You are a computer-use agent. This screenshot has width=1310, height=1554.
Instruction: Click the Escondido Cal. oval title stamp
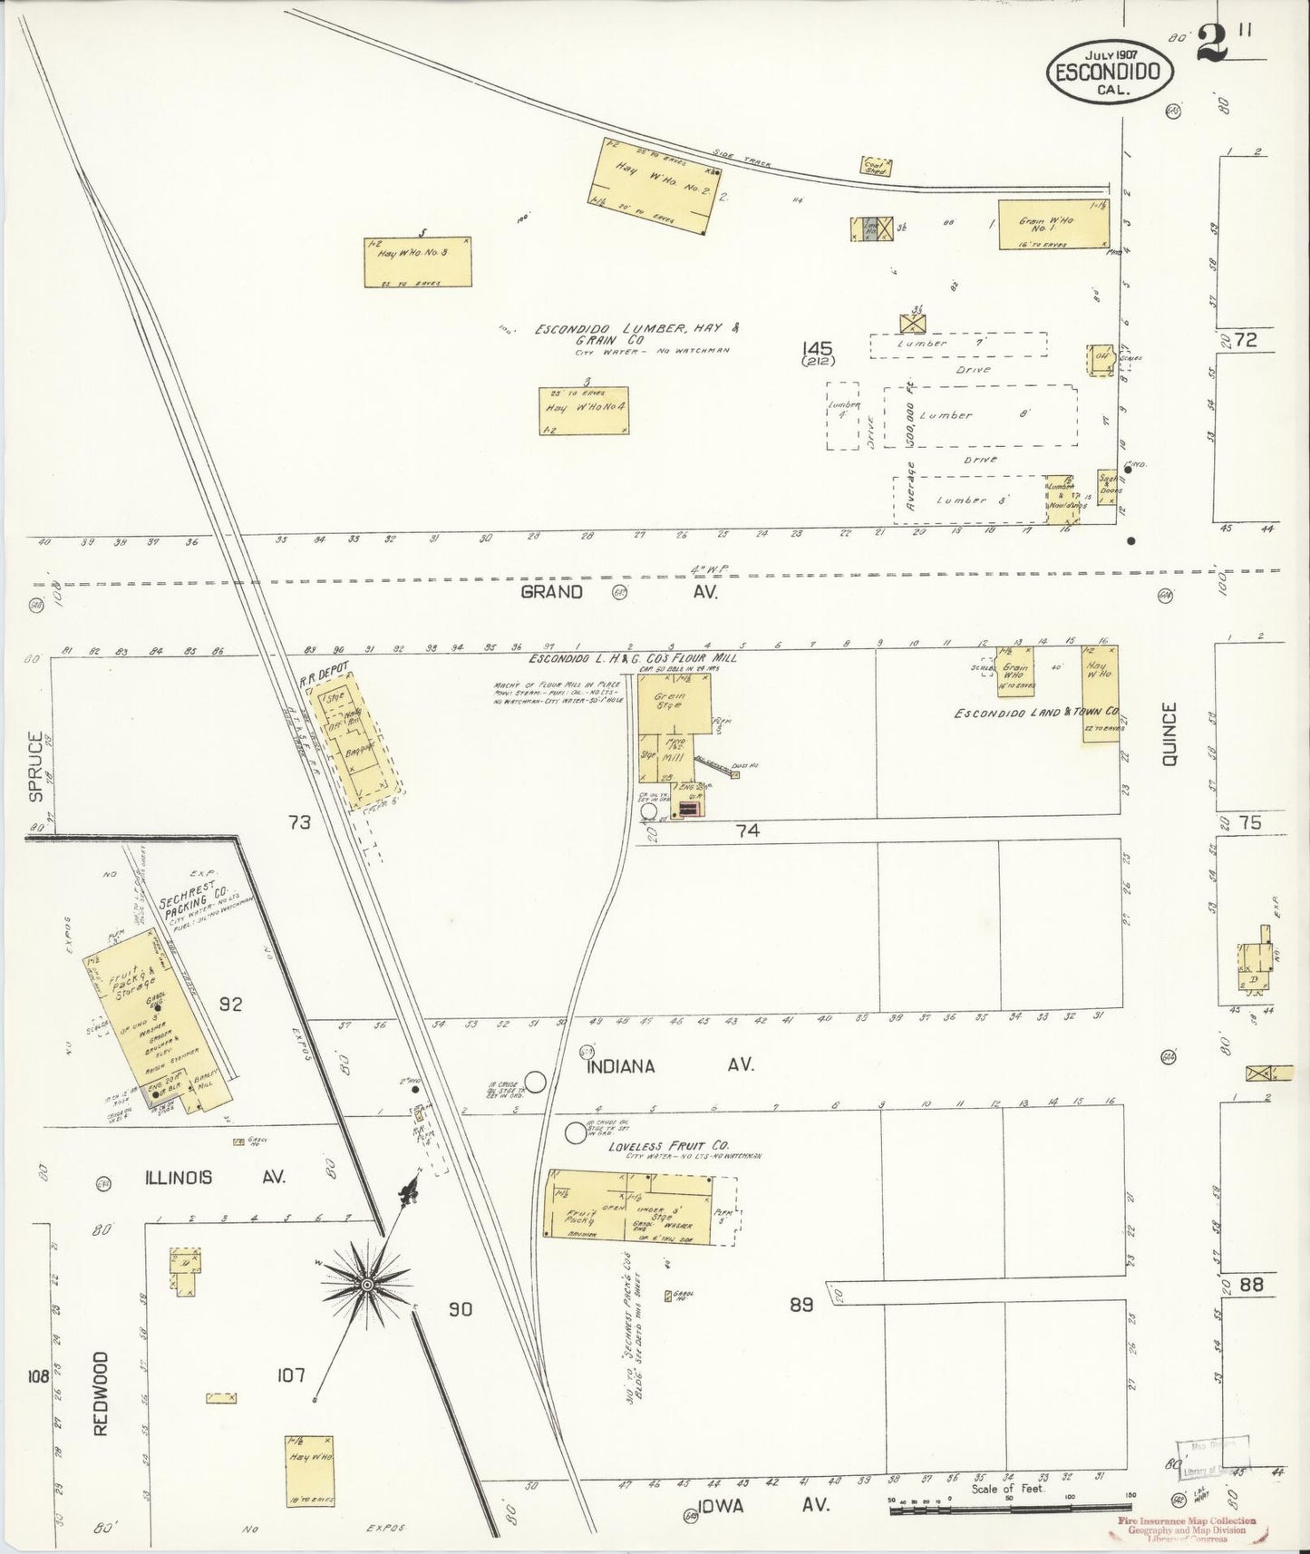pos(1111,70)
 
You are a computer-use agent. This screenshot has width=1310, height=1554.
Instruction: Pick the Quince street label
pos(1169,734)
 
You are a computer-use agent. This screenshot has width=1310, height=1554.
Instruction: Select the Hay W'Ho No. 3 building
pos(418,262)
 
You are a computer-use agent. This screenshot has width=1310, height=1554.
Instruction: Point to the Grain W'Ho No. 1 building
pos(1053,224)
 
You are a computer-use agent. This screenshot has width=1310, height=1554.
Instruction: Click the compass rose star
pos(367,1285)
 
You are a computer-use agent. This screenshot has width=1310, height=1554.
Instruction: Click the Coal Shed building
pos(876,166)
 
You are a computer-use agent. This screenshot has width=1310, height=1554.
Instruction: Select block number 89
pos(801,1304)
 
